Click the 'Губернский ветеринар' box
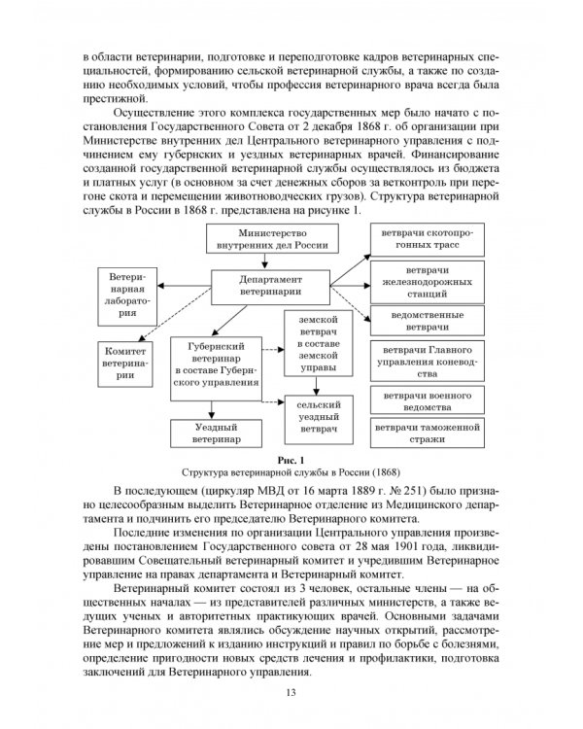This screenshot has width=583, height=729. (x=215, y=364)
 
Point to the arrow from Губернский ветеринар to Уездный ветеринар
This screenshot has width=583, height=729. (x=215, y=409)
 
